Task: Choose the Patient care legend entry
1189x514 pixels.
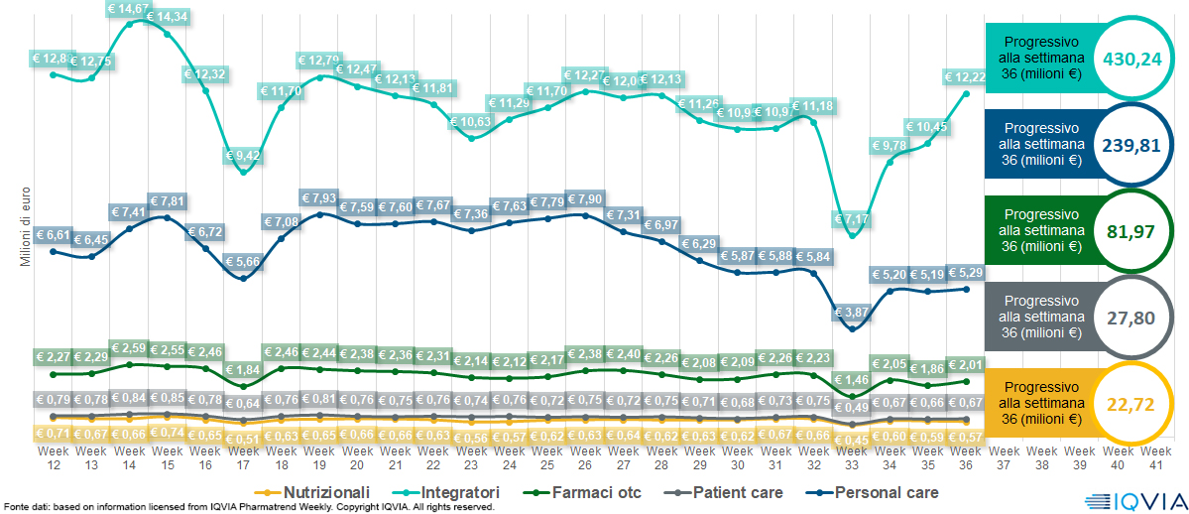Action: click(x=728, y=492)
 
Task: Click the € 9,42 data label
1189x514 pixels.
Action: click(x=243, y=155)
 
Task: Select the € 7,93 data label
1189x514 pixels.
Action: click(x=319, y=196)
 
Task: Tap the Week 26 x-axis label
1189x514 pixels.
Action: click(x=584, y=457)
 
